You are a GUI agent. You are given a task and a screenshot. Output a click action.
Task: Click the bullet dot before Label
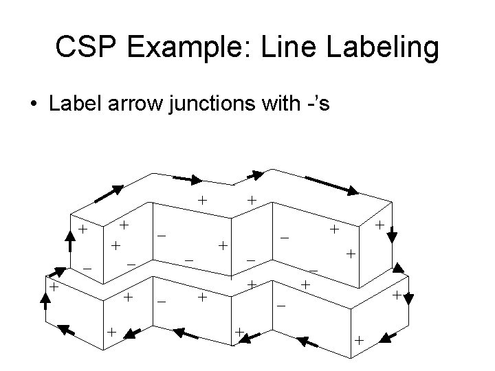[x=34, y=106]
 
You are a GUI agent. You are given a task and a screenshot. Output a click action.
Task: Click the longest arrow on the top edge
[x=331, y=185]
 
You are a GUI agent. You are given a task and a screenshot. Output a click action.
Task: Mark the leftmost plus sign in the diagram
[x=52, y=287]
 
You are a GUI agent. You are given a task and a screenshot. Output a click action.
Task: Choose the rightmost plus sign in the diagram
[x=397, y=295]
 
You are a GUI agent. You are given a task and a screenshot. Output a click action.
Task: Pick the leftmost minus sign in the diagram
[x=87, y=267]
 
